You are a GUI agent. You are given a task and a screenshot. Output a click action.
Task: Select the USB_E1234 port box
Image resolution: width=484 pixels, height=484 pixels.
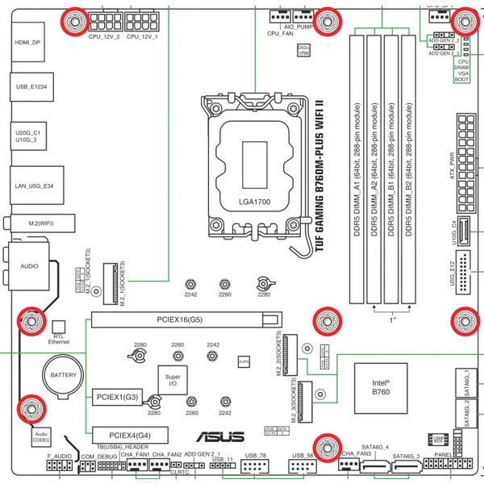click(31, 85)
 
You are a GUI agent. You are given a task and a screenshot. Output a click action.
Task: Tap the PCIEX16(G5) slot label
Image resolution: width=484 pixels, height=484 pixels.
click(180, 320)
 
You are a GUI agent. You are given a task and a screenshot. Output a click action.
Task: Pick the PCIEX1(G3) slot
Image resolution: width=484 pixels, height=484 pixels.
click(118, 397)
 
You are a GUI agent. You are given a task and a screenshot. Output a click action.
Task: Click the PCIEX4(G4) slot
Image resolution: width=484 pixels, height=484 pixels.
click(129, 433)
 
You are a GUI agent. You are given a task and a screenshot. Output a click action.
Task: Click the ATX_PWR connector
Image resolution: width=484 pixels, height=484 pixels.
click(463, 153)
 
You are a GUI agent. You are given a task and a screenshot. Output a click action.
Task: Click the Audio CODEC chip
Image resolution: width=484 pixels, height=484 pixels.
click(41, 437)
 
